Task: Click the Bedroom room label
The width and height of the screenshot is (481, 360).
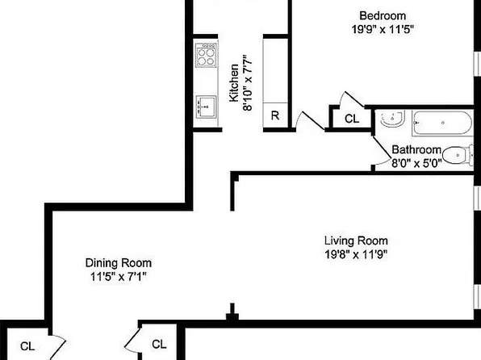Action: [x=383, y=15]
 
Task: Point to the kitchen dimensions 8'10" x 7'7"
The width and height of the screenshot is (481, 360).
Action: [x=249, y=83]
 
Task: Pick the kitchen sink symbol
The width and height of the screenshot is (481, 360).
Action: [x=206, y=105]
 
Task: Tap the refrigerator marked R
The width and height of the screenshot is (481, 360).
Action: [x=275, y=115]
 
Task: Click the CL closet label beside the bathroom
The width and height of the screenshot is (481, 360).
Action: [x=352, y=119]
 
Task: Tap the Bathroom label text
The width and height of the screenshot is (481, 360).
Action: [x=416, y=150]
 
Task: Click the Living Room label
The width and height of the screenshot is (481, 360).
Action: [x=356, y=241]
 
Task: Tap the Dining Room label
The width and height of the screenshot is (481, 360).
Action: [x=119, y=262]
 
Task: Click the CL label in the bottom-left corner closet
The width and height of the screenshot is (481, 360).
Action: [x=27, y=346]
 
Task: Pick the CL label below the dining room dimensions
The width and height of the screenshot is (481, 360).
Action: [x=159, y=344]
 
